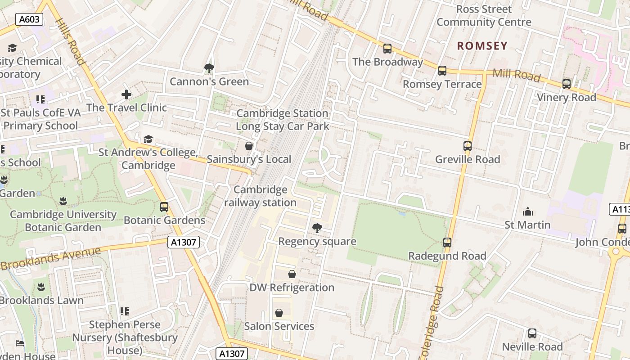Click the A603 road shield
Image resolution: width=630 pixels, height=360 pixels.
tap(29, 19)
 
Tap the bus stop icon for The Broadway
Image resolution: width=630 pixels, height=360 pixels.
tap(387, 49)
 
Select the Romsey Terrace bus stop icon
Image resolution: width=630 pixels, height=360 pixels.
tap(442, 71)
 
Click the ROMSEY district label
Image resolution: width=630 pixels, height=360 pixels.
tap(482, 46)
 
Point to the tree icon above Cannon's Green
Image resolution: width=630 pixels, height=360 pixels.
tap(209, 68)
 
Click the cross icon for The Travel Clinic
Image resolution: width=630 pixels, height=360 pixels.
tap(126, 94)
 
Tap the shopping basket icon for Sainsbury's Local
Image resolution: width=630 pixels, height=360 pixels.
tap(248, 146)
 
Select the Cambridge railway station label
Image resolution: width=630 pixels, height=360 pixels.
tap(260, 196)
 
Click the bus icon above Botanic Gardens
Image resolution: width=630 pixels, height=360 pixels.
tap(164, 207)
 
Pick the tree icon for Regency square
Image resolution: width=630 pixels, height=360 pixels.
tap(317, 228)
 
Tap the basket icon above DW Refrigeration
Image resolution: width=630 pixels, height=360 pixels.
tap(292, 274)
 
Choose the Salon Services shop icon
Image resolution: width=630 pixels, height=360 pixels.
tap(279, 313)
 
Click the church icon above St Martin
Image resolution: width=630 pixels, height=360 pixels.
tap(527, 211)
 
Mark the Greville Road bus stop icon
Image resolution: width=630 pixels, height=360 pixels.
tap(468, 146)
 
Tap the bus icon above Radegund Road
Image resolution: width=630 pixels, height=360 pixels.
tap(447, 243)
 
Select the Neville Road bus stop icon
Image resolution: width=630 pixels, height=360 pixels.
tap(532, 333)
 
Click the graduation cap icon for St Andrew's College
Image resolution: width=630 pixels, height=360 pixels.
tap(148, 139)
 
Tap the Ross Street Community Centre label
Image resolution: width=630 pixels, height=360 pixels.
tap(484, 16)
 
